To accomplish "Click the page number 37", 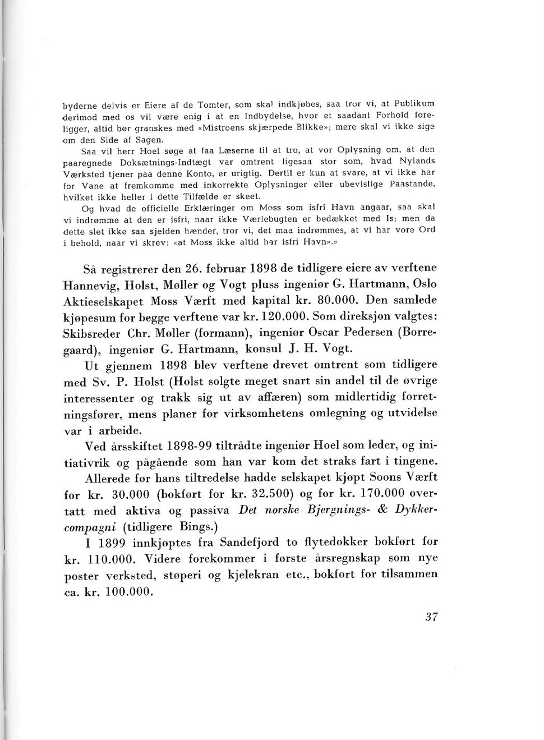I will pos(431,617).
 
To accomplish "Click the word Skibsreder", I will pos(92,333).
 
